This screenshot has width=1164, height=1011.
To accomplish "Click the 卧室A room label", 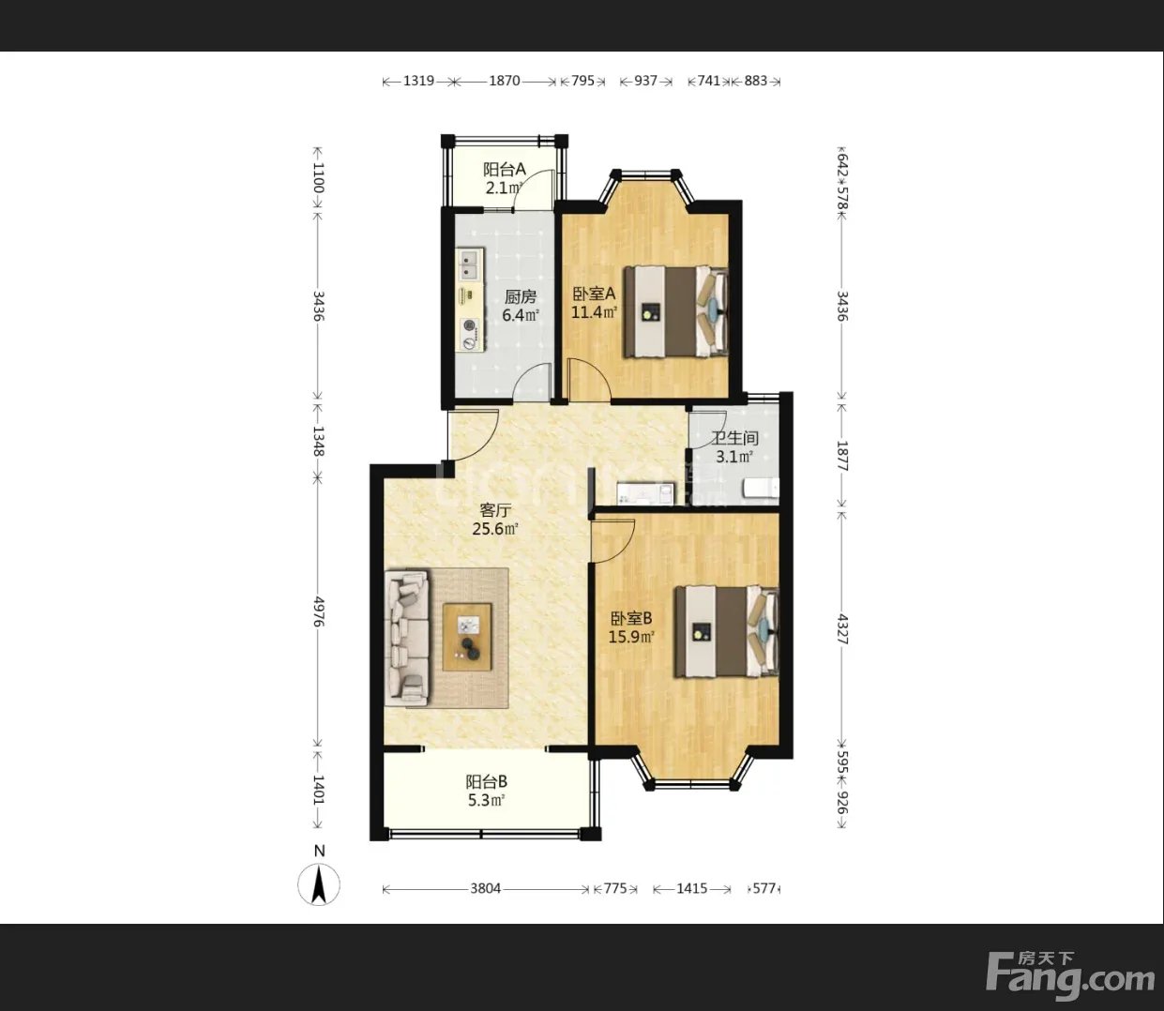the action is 594,294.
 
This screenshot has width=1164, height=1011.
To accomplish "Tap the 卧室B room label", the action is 631,618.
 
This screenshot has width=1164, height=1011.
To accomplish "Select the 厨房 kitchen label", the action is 520,296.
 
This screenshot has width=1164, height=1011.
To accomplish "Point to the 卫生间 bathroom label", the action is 734,438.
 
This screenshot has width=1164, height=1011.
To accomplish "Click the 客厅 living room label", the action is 495,510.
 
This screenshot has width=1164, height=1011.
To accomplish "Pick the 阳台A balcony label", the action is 505,169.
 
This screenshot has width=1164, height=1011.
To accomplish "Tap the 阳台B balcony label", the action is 487,781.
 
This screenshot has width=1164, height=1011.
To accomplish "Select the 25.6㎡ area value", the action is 495,529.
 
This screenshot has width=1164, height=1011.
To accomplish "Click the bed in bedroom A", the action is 676,311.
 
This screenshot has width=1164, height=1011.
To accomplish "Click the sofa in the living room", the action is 406,638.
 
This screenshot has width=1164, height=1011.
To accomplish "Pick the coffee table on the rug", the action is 467,637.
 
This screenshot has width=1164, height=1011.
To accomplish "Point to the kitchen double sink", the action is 469,265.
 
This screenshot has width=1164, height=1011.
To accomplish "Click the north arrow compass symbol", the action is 319,884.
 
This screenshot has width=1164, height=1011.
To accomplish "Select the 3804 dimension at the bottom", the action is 485,888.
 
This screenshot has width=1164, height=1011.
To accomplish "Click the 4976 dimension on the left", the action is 319,611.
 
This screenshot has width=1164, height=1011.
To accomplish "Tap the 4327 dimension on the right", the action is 842,629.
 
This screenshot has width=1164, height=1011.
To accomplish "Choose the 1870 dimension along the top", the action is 505,81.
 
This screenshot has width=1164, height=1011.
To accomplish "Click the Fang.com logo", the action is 1070,974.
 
